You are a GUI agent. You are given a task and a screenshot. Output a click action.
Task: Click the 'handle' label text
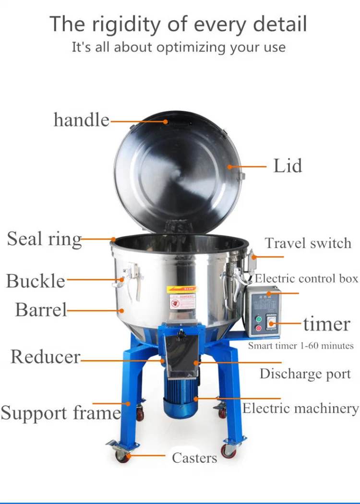coord(81,120)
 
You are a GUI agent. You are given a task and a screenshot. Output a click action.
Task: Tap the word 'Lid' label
coord(288,166)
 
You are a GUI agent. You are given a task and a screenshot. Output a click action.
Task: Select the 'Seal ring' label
coord(44,239)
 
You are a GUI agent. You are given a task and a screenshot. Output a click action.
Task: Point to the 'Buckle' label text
coord(36,281)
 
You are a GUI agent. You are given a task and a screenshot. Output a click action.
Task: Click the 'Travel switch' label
coord(308,243)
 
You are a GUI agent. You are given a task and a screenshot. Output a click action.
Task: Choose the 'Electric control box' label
coord(306,278)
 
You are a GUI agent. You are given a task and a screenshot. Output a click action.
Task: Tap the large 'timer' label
coord(326,324)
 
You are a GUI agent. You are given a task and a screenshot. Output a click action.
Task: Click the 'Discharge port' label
coord(305,374)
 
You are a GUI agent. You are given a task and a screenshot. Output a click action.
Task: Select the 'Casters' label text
coord(194,458)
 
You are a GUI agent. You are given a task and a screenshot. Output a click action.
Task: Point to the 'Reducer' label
coord(45,357)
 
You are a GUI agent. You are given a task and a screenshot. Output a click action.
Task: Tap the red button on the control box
coord(259,328)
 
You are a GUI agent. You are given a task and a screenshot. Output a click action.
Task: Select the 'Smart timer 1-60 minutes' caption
coord(300,346)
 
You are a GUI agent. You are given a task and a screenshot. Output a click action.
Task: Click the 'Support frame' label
coord(60,413)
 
